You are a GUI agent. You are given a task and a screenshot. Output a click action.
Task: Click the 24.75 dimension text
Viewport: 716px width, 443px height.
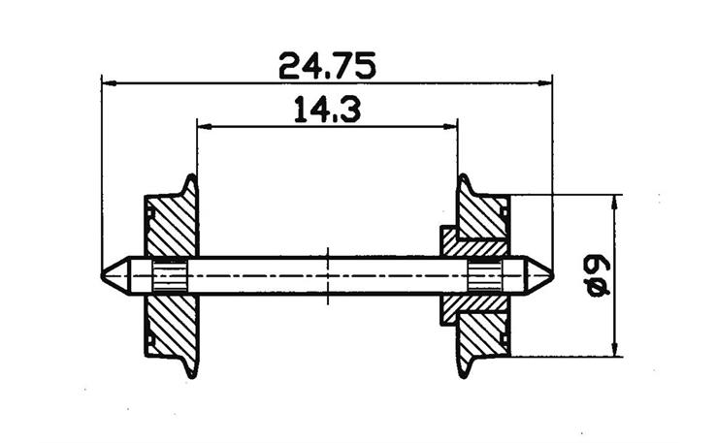(x=327, y=66)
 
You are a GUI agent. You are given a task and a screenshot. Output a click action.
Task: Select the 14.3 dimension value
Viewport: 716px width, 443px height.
(x=327, y=110)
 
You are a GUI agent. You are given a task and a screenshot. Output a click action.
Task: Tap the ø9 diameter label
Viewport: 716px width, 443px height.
(x=597, y=275)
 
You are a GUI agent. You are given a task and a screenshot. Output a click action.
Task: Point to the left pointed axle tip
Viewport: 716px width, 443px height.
(x=102, y=275)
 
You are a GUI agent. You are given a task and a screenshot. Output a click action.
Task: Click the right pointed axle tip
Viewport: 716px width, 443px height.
(x=553, y=275)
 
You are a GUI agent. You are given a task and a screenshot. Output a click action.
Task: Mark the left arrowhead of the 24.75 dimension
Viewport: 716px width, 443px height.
(x=109, y=83)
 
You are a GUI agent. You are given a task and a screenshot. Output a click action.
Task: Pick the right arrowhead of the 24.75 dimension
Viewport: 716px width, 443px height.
(x=545, y=83)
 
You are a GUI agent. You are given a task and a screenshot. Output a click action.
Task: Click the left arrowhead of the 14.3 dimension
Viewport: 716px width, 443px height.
(x=204, y=126)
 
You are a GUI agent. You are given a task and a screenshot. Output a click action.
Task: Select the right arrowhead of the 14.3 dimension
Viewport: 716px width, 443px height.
(x=450, y=126)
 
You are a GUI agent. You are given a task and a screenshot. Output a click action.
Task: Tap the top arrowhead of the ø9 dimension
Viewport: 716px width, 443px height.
(x=615, y=203)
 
